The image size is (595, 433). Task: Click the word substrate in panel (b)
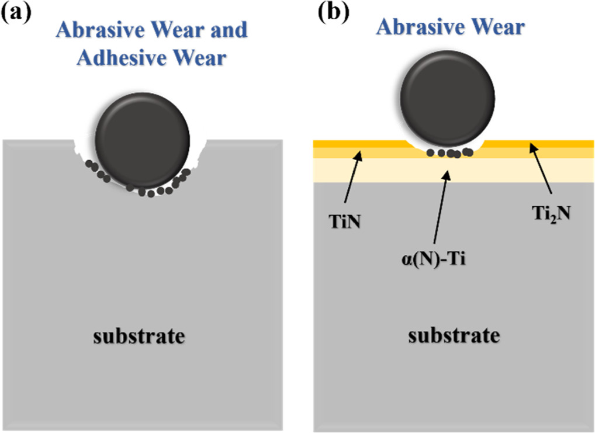coord(455,335)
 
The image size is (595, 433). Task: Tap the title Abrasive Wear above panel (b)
coord(450,27)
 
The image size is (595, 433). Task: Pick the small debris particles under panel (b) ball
coord(449,154)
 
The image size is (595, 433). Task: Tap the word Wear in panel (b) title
coord(497,27)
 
